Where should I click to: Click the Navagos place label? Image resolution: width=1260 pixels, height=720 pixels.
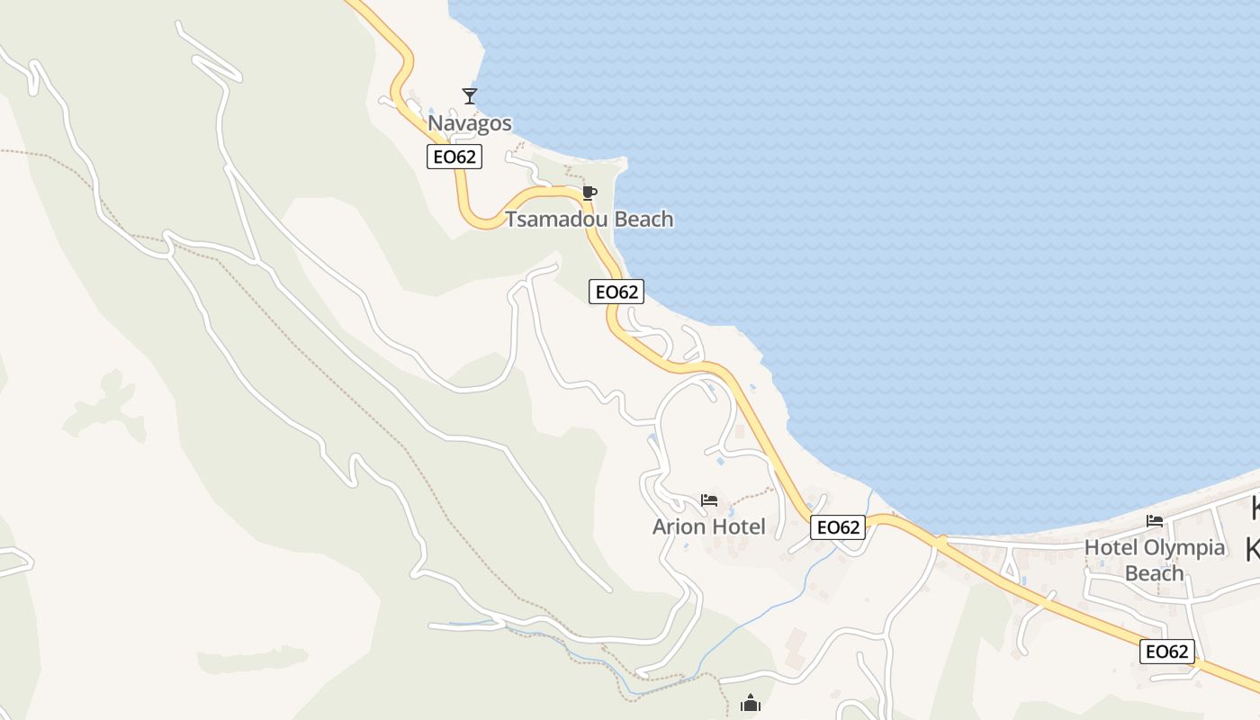(469, 123)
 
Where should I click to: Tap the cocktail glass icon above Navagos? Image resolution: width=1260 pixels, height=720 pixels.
(469, 95)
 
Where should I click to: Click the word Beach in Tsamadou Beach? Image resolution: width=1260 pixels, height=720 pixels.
(642, 220)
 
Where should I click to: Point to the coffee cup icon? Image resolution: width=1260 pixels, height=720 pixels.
(589, 193)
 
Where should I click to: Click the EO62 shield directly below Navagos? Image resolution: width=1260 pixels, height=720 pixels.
(454, 157)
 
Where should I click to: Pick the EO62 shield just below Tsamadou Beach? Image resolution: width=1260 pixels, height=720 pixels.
(616, 292)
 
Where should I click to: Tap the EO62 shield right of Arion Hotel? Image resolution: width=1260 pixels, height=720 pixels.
(838, 527)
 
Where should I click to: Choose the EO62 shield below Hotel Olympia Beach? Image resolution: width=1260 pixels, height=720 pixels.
(1167, 652)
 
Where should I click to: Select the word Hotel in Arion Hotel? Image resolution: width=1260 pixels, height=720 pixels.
(738, 527)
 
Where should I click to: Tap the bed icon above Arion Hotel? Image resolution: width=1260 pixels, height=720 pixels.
(709, 500)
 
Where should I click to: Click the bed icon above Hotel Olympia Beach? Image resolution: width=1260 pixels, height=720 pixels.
(1155, 521)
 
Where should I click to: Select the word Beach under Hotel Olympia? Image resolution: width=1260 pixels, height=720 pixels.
(1155, 573)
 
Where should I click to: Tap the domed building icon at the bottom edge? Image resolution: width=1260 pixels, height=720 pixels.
(750, 704)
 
